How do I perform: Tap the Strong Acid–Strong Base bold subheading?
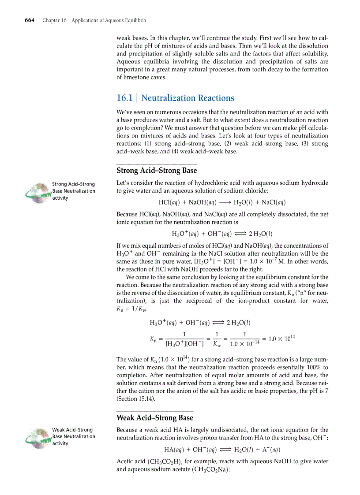157,170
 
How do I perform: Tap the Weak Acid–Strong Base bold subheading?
154,417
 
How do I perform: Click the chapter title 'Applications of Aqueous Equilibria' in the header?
109,20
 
